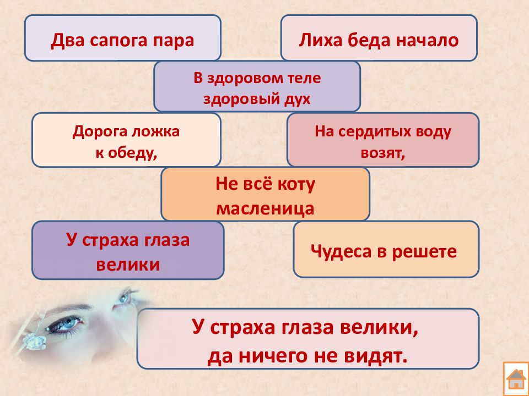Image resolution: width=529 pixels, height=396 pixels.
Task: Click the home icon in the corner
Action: (x=516, y=379)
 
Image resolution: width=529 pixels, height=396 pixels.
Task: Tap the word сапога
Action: (x=120, y=41)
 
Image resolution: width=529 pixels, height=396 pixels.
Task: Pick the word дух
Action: (x=297, y=100)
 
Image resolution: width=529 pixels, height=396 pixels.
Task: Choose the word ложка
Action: (x=155, y=131)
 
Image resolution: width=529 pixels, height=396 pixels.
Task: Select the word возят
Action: (x=382, y=153)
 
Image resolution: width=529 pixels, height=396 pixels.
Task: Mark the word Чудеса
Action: (x=341, y=251)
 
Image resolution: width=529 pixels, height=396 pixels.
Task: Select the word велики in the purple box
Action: (x=128, y=265)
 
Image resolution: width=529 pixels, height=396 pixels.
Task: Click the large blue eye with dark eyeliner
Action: (x=66, y=323)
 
